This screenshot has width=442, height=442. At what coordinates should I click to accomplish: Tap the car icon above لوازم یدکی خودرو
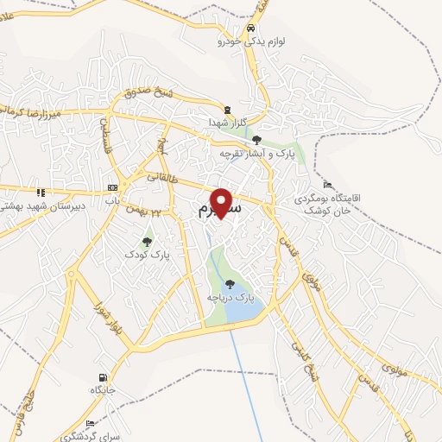(250, 28)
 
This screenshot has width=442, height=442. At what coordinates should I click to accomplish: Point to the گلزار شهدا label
(227, 123)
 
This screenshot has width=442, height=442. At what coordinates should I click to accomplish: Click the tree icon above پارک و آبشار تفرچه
(256, 139)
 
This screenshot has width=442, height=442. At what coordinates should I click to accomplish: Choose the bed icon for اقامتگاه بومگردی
(326, 185)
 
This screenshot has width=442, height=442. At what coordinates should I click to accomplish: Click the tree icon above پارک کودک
(146, 242)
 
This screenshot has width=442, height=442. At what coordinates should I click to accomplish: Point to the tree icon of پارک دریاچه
(229, 283)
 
